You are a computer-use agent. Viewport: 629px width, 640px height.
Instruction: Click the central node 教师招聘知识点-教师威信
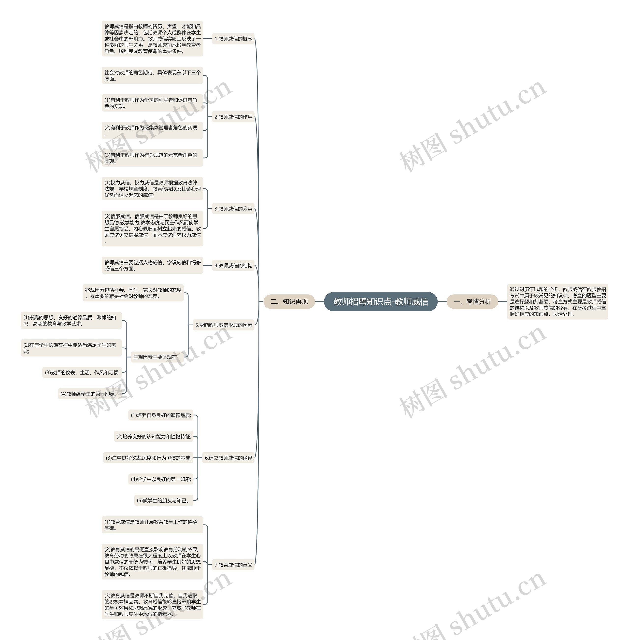381,302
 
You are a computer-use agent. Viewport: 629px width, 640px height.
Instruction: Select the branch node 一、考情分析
472,302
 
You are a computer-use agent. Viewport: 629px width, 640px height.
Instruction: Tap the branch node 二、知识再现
289,302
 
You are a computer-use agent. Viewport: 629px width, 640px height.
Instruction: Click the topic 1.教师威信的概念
233,39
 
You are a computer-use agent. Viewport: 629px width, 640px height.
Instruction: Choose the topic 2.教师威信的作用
233,117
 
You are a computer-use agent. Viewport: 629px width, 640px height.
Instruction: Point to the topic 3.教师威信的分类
233,209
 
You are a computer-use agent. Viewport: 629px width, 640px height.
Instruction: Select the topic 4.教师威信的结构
233,266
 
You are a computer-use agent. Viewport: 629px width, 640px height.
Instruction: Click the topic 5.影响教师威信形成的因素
224,325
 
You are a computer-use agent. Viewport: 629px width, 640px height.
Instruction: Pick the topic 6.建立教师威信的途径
228,458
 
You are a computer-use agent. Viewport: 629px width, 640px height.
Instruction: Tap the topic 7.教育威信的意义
233,565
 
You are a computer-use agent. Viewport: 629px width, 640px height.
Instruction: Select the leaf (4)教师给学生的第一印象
88,394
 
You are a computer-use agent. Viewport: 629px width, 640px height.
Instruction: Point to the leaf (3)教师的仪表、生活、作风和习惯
82,373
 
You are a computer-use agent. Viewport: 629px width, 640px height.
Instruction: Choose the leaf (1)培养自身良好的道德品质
161,415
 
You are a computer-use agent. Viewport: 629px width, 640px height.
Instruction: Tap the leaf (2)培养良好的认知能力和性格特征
154,437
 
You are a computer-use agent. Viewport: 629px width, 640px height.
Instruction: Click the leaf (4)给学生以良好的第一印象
161,479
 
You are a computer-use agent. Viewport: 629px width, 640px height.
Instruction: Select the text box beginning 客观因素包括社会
133,293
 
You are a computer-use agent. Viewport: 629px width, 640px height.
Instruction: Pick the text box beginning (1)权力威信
152,189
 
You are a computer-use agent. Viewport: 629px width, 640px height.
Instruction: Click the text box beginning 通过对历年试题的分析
558,302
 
